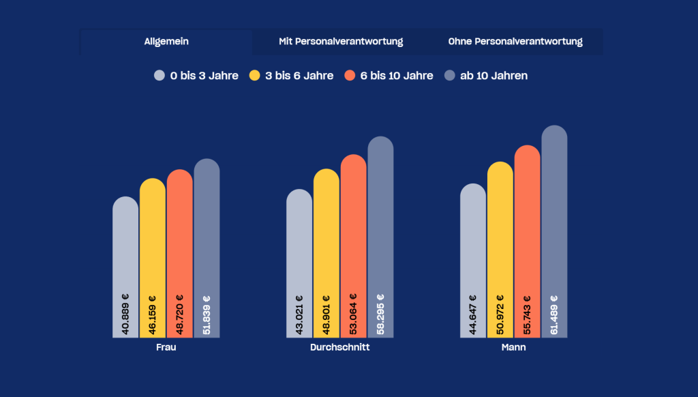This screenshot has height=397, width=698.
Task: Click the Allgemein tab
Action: (166, 42)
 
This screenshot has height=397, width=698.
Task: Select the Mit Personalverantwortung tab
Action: (341, 42)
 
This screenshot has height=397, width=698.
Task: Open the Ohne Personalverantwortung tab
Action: (515, 42)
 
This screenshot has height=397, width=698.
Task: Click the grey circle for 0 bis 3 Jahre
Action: (160, 76)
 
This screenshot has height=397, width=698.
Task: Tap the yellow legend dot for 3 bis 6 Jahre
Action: (255, 76)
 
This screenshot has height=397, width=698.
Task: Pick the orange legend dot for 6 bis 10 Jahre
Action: (350, 76)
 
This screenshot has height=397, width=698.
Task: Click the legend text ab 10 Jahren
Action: (494, 76)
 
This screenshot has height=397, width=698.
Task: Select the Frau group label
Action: (166, 347)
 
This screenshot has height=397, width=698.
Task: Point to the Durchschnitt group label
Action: (339, 347)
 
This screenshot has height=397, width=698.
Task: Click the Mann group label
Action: (513, 347)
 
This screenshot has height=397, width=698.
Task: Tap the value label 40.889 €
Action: (125, 314)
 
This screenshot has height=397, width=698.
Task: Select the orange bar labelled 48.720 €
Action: (179, 239)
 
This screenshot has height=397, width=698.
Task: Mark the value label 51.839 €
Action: (207, 314)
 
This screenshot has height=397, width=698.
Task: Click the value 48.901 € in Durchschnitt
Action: (327, 314)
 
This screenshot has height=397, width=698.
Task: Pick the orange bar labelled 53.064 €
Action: (353, 232)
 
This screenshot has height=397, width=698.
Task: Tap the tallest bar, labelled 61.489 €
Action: (554, 218)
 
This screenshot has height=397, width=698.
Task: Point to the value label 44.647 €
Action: (473, 314)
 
